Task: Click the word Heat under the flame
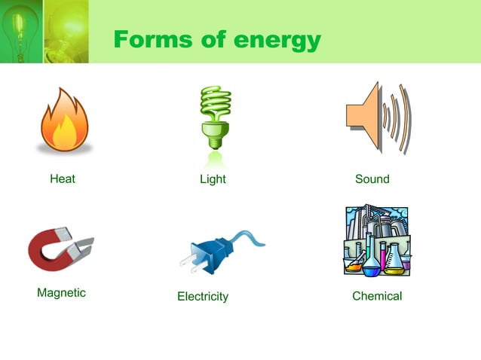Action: pyautogui.click(x=63, y=179)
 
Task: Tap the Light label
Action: pyautogui.click(x=213, y=179)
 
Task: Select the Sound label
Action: pyautogui.click(x=372, y=179)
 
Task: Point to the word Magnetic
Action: pyautogui.click(x=61, y=293)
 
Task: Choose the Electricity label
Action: pyautogui.click(x=202, y=297)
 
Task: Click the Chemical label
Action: pyautogui.click(x=377, y=296)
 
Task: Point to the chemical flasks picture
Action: pyautogui.click(x=378, y=240)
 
